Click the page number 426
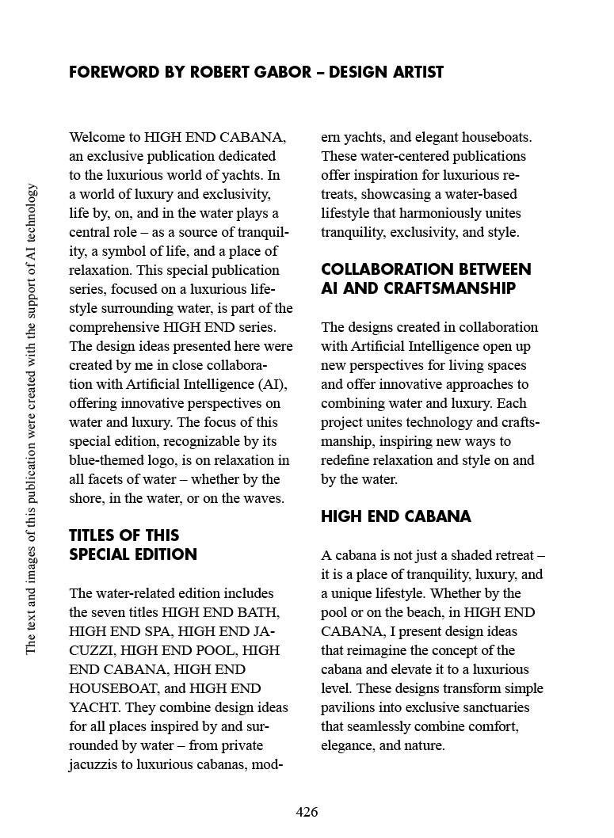pyautogui.click(x=307, y=812)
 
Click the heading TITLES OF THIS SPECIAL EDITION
pyautogui.click(x=133, y=545)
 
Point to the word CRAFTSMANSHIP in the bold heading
pyautogui.click(x=448, y=288)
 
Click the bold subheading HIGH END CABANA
pyautogui.click(x=395, y=517)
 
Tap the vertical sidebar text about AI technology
pyautogui.click(x=32, y=419)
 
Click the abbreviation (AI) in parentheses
pyautogui.click(x=272, y=384)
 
